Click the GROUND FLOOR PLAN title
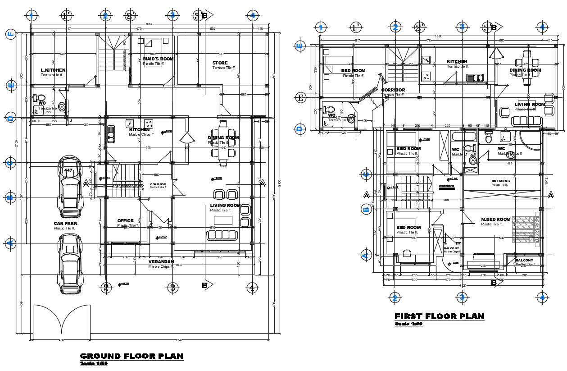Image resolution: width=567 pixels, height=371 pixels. (x=132, y=356)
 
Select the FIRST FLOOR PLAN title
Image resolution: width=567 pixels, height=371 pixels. (x=439, y=316)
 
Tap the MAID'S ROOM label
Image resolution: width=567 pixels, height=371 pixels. (x=158, y=59)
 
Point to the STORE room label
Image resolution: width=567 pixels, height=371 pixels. (x=220, y=63)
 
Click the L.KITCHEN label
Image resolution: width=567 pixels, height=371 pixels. (x=53, y=70)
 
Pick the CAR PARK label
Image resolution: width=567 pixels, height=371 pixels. (x=65, y=223)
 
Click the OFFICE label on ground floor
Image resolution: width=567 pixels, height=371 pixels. (x=125, y=221)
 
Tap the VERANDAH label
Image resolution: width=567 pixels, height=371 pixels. (x=161, y=261)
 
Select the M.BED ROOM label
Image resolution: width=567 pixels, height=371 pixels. (x=495, y=220)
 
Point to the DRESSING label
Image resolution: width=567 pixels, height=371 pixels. (x=500, y=181)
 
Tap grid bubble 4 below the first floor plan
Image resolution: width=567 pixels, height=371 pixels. (x=542, y=297)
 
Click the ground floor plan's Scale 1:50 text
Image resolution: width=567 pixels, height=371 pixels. (x=93, y=364)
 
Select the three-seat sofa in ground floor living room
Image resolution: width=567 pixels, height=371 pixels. (x=222, y=235)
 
